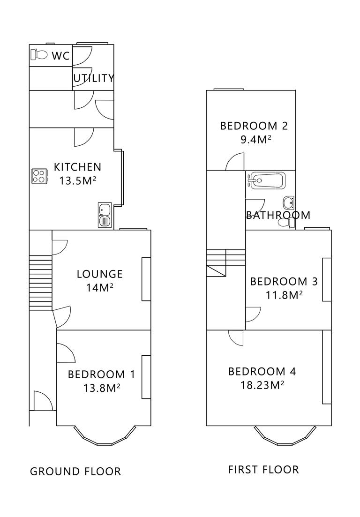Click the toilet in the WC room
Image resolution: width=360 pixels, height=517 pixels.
point(40,55)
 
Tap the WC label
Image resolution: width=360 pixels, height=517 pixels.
point(60,56)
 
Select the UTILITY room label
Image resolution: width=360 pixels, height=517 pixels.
point(94,78)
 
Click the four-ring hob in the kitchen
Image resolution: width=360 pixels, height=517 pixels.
point(39,176)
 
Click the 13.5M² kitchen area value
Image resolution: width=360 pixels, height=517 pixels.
point(77,180)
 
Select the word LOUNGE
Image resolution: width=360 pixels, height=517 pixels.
point(99,274)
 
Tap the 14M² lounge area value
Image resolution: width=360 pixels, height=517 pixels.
point(99,287)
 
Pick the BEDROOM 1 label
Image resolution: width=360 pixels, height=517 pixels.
point(101,374)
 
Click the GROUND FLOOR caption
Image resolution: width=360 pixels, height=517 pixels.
point(75,471)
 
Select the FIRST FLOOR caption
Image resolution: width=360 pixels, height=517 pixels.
point(263,469)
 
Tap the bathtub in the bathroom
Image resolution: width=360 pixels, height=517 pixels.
point(266,180)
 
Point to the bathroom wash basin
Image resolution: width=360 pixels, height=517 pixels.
point(289,203)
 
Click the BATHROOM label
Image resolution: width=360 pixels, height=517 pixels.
point(278,215)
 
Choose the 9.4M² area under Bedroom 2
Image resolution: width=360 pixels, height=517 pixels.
point(254,139)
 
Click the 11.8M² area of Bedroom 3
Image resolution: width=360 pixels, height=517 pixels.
point(284,295)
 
